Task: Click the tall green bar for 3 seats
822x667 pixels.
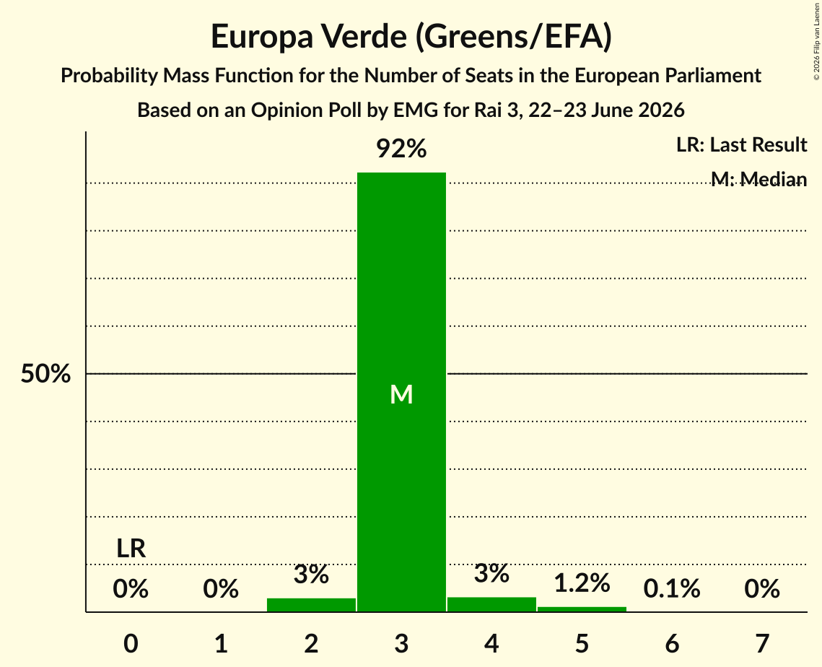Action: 401,392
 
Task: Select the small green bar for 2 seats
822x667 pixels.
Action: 311,605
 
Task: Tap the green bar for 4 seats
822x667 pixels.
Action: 491,604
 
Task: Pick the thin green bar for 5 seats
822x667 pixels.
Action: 582,609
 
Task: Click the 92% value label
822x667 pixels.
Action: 401,149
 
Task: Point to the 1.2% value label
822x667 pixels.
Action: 582,583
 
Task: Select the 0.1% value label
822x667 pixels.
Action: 672,589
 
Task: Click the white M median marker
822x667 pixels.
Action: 401,394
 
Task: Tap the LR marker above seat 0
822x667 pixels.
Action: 131,549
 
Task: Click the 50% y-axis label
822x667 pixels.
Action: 45,374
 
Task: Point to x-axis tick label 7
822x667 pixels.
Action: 762,643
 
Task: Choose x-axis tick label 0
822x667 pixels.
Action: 131,643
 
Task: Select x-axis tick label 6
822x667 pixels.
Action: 672,643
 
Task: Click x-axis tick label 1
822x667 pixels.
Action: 222,643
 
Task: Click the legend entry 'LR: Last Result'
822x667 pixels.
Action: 742,144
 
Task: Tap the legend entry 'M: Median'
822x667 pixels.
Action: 759,179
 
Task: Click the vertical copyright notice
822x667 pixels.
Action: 816,42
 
